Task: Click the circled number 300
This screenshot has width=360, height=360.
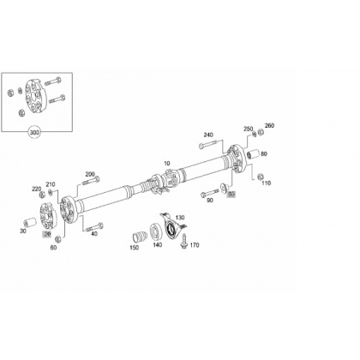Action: tap(34, 133)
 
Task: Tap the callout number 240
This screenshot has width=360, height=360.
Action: tap(208, 135)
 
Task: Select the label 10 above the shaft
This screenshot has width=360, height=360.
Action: tap(167, 164)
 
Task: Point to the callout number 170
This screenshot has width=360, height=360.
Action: tap(195, 245)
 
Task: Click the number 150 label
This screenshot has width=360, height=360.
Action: tap(135, 248)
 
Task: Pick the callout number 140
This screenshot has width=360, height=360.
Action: tap(157, 245)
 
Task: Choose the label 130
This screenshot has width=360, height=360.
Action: tap(180, 218)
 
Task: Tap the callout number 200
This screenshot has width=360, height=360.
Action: tap(90, 174)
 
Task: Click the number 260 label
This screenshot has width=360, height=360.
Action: tap(269, 125)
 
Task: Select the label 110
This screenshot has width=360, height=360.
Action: tap(266, 183)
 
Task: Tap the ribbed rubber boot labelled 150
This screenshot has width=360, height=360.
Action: tap(140, 237)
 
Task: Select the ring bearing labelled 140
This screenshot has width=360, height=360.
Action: tap(156, 231)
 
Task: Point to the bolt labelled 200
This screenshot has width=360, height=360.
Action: tap(91, 181)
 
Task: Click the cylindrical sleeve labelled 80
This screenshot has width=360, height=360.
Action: tap(253, 154)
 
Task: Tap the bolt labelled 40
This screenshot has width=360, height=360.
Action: tap(94, 227)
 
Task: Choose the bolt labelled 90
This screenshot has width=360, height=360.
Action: tap(210, 193)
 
